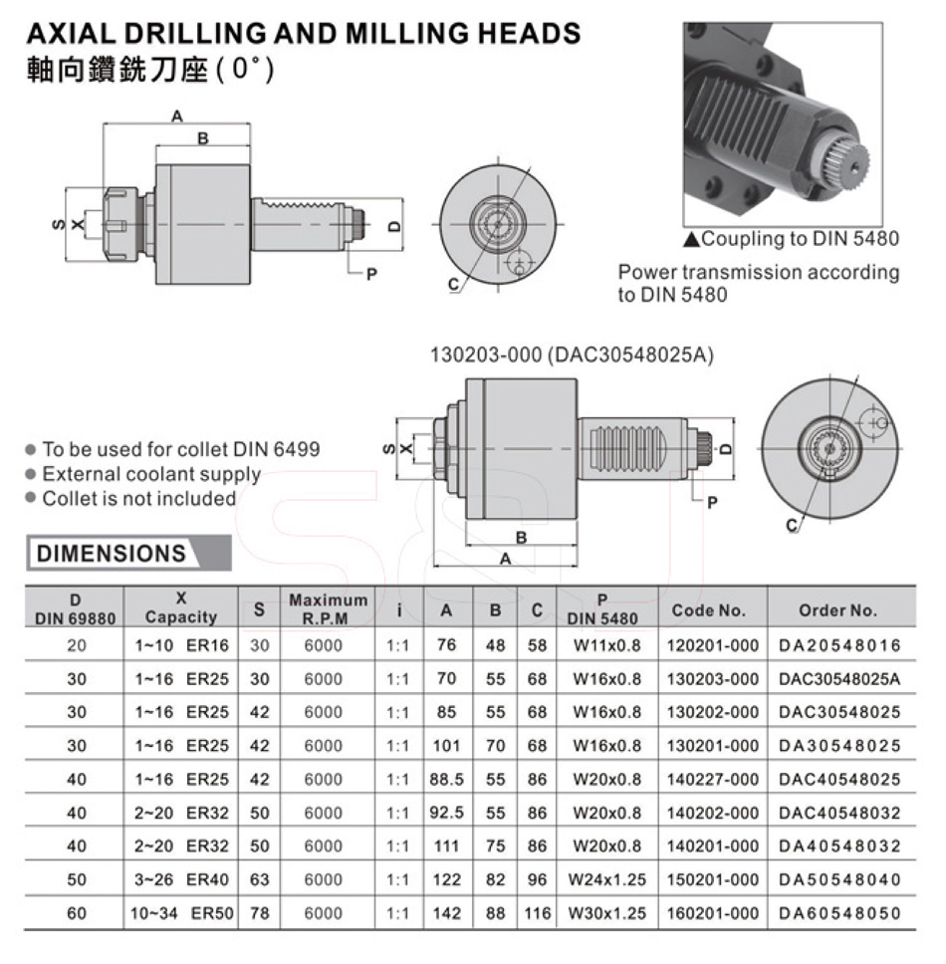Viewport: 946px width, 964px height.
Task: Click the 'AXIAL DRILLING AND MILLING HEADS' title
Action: click(x=304, y=33)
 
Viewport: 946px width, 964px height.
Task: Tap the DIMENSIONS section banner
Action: click(x=128, y=553)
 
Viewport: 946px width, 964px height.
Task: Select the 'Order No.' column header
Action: click(x=837, y=609)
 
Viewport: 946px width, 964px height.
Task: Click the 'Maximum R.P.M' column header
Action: click(x=329, y=608)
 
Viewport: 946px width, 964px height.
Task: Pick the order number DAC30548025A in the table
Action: click(x=839, y=679)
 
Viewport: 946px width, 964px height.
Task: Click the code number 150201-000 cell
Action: click(x=712, y=879)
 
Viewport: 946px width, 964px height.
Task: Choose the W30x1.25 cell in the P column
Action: click(x=606, y=913)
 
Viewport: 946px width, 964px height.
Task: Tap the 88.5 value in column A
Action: click(x=446, y=779)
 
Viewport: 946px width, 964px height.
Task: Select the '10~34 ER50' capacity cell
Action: click(x=181, y=913)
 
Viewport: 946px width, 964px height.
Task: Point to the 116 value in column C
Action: click(x=538, y=913)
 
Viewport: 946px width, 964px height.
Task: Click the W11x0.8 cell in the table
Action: click(x=606, y=645)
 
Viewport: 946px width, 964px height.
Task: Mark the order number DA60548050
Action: click(x=839, y=913)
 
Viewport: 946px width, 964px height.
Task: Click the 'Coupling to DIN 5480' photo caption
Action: click(x=799, y=238)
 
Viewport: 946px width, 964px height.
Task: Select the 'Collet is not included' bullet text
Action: click(x=139, y=498)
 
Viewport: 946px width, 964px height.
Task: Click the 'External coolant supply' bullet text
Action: click(x=151, y=474)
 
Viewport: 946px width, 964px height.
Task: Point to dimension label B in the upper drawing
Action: click(x=203, y=138)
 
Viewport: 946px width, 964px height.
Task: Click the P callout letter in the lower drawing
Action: click(x=712, y=503)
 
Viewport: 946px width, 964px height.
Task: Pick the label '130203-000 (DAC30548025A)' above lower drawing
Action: click(x=572, y=355)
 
